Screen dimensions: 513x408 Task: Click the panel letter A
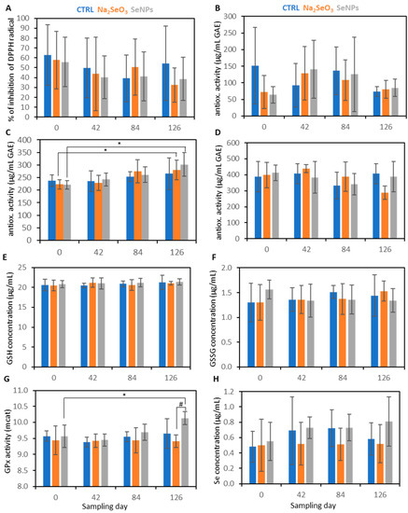point(7,7)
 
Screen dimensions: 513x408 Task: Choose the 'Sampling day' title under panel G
point(110,505)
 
